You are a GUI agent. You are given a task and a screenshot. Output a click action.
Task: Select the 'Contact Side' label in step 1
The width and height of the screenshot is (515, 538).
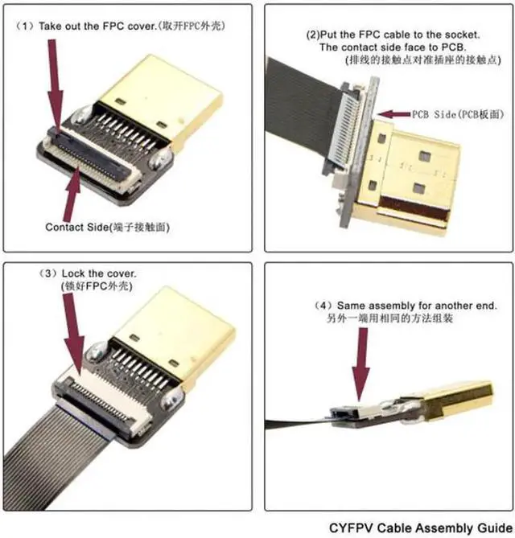(x=77, y=228)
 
